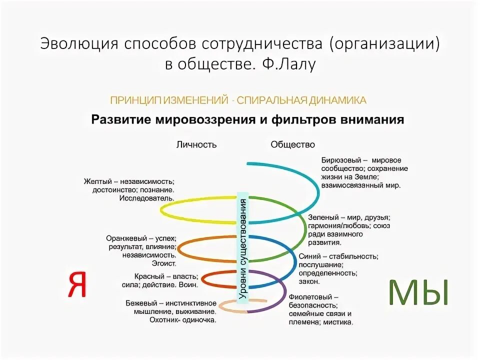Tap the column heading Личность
[x=196, y=144]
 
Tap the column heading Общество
[x=293, y=144]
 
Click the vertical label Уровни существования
[x=243, y=249]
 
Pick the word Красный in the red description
[x=148, y=276]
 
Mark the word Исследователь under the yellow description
[x=146, y=198]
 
